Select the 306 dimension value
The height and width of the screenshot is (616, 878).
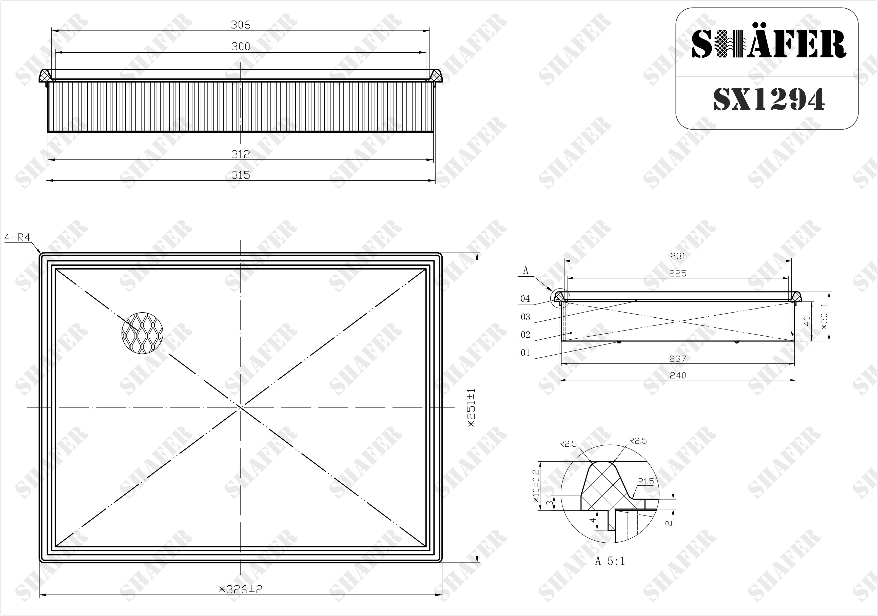(241, 25)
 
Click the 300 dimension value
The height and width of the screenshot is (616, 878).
(241, 47)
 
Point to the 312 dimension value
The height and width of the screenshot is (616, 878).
(241, 154)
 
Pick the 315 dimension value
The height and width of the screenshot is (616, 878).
(241, 175)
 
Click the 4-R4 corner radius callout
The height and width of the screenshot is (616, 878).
(17, 237)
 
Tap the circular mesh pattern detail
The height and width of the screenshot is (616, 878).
(142, 333)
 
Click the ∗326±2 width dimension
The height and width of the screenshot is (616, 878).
(241, 589)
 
